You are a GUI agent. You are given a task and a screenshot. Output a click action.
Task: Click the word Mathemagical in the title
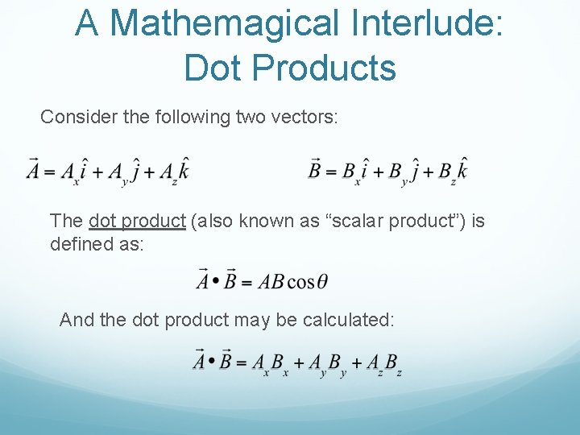[226, 23]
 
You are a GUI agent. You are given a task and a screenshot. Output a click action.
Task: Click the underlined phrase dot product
[137, 221]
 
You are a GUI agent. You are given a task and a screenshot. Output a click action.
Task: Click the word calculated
[348, 320]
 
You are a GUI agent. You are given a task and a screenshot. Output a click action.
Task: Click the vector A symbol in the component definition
[34, 169]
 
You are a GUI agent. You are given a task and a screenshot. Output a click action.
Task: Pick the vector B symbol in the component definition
[315, 169]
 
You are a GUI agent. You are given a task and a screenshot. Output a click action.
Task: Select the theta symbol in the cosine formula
[321, 281]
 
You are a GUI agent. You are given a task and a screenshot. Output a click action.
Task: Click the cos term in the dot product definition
[300, 281]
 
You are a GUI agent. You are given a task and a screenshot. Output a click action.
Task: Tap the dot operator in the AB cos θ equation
[211, 281]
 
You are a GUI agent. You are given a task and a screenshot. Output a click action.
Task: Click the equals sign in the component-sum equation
[241, 362]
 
